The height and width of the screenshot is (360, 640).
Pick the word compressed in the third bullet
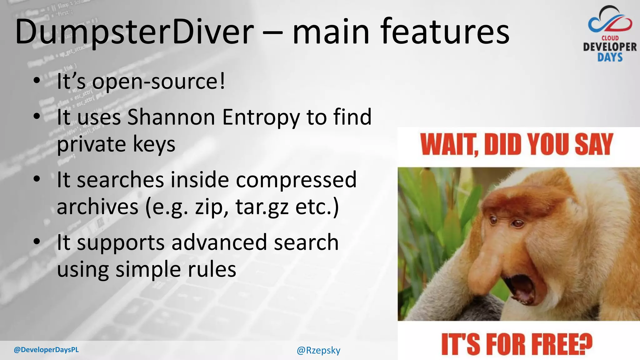point(296,180)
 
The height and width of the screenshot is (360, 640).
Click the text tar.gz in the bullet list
point(262,207)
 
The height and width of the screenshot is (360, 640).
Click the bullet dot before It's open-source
point(37,81)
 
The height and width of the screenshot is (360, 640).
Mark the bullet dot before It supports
point(37,242)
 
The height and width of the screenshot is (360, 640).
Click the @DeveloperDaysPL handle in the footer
point(46,350)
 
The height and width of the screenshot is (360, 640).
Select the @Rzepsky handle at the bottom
point(318,350)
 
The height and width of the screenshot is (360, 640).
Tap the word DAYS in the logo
point(610,57)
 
